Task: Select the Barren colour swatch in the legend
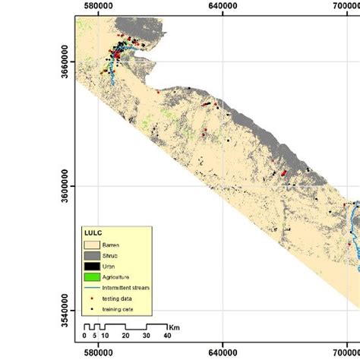(x=93, y=245)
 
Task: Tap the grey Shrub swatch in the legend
(x=93, y=255)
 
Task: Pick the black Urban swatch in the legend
(x=93, y=267)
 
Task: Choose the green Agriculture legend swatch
(x=93, y=278)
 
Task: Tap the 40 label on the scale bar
(x=166, y=336)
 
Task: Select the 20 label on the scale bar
(x=125, y=336)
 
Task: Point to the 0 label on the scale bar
(x=84, y=336)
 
